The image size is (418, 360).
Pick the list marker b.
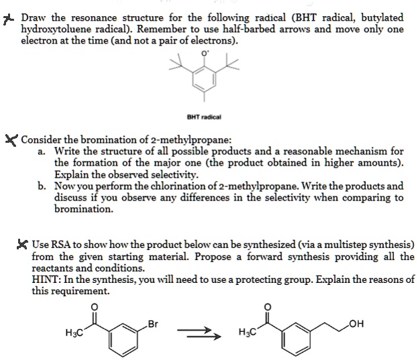click(x=42, y=186)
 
